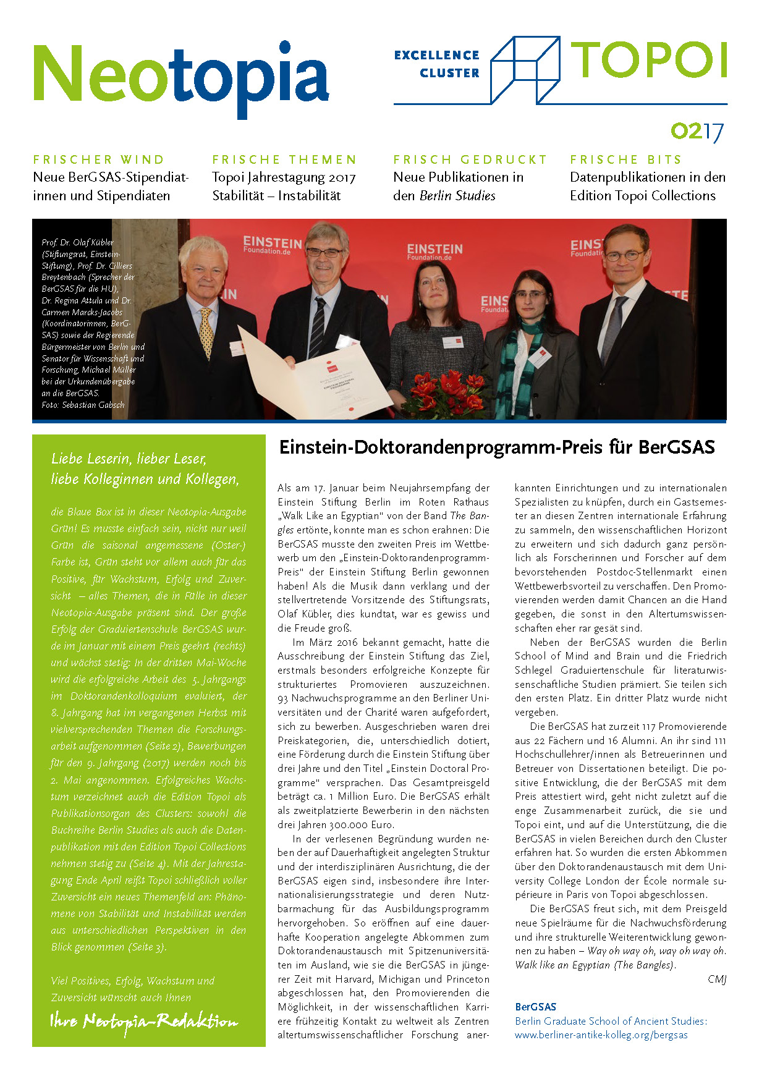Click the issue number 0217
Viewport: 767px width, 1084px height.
coord(697,132)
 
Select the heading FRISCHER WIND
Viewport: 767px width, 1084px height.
coord(99,159)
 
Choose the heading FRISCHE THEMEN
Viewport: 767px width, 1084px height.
coord(284,159)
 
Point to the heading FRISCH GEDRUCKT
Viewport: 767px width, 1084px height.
coord(470,159)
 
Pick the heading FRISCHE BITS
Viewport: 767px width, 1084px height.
coord(625,159)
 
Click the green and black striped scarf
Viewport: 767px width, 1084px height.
coord(518,365)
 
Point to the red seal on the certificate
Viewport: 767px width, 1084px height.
coord(351,409)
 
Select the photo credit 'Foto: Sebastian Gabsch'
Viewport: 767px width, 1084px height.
coord(83,405)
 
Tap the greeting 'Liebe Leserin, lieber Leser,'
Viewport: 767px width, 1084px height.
coord(129,459)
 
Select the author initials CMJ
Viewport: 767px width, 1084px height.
coord(716,979)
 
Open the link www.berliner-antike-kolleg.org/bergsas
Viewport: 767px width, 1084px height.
coord(601,1035)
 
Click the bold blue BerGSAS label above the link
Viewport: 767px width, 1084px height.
coord(535,1007)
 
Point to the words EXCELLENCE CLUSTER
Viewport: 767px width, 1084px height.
coord(438,64)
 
